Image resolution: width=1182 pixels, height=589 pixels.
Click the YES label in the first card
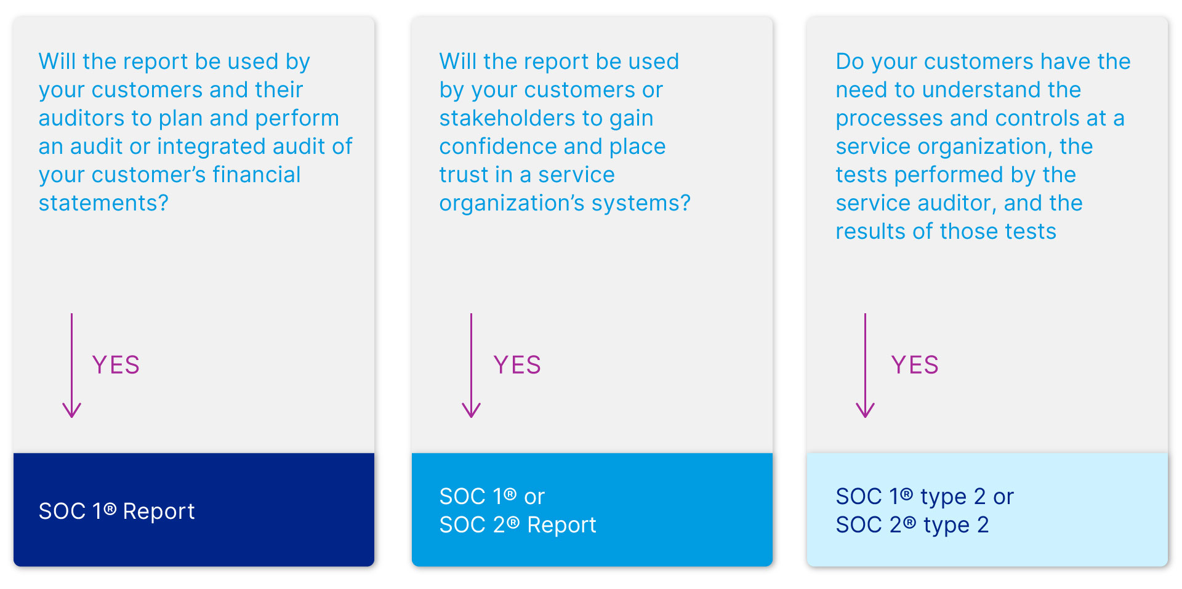(116, 365)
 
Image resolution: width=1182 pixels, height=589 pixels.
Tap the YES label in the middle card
(517, 365)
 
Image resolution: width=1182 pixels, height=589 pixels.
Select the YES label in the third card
(915, 365)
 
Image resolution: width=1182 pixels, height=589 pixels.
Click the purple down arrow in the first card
(72, 366)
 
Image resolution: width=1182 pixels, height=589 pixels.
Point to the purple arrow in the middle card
(472, 366)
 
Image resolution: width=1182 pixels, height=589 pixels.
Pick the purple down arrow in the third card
(865, 366)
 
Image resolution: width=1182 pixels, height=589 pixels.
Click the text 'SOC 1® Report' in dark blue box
(117, 511)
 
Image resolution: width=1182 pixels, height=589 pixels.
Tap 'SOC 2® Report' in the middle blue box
(518, 525)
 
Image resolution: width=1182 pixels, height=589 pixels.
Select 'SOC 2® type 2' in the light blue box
(912, 525)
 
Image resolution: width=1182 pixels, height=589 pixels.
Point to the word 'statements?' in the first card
(103, 202)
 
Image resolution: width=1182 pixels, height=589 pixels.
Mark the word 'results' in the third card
(870, 231)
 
